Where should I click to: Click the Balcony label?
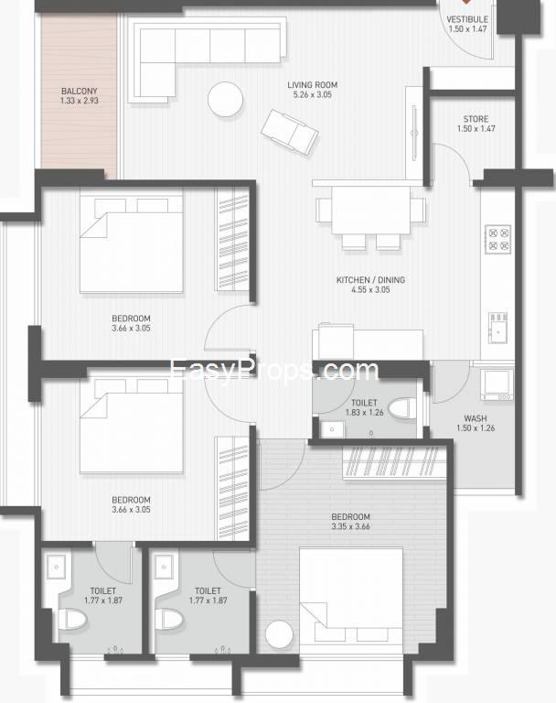(80, 91)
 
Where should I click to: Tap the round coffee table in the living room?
(225, 100)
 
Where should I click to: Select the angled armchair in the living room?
(290, 132)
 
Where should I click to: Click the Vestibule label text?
(467, 20)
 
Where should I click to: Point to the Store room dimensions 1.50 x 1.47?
(476, 129)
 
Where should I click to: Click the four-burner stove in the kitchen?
(498, 240)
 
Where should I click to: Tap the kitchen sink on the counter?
(498, 328)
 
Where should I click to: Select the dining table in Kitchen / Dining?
(371, 210)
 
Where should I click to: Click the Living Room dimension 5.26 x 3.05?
(312, 94)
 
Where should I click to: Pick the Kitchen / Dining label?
(371, 280)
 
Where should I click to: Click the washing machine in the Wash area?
(497, 384)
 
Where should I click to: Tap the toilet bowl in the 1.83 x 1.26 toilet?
(402, 408)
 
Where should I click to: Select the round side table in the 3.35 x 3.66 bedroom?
(279, 634)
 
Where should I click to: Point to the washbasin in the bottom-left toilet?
(56, 568)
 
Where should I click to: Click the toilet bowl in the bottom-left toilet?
(71, 620)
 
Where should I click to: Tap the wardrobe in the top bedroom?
(232, 239)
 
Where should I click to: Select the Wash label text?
(476, 418)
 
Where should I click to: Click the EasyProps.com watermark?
(274, 372)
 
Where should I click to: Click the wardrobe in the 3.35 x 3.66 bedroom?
(395, 462)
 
